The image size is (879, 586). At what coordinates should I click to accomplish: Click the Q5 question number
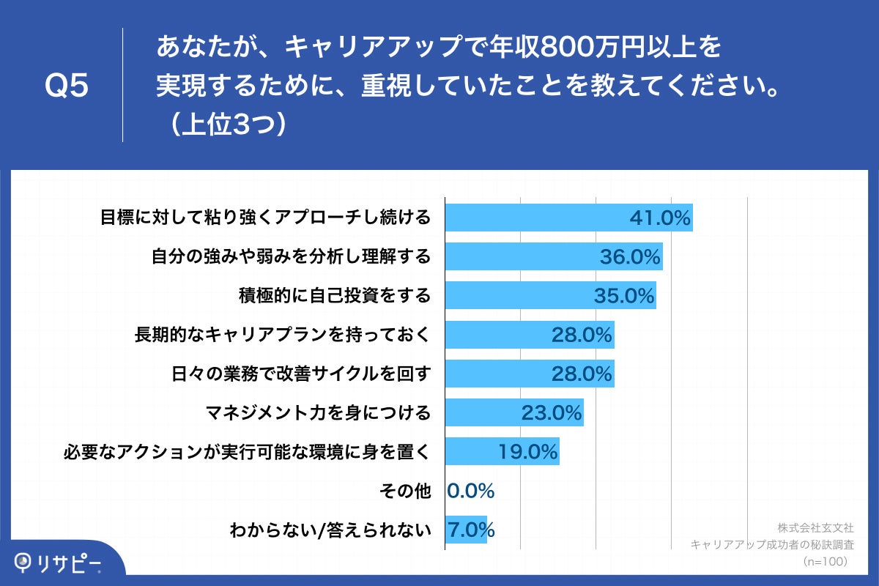[x=67, y=86]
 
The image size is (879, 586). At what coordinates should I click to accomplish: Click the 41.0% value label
[x=660, y=218]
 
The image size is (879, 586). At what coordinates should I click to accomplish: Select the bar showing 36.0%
[x=554, y=256]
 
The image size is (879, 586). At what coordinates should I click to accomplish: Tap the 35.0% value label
[x=623, y=295]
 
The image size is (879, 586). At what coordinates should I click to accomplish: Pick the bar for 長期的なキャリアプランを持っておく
[x=530, y=335]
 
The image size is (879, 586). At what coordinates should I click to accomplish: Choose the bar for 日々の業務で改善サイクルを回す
[x=530, y=374]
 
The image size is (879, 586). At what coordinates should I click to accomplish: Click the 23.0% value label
[x=551, y=412]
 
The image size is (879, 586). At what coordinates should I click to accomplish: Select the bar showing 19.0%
[x=502, y=452]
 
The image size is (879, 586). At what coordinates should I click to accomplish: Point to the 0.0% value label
[x=471, y=491]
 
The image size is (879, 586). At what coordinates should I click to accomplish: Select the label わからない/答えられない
[x=330, y=530]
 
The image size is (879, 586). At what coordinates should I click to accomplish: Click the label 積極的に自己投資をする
[x=335, y=295]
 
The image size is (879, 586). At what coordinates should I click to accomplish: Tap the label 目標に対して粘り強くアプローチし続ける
[x=264, y=218]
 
